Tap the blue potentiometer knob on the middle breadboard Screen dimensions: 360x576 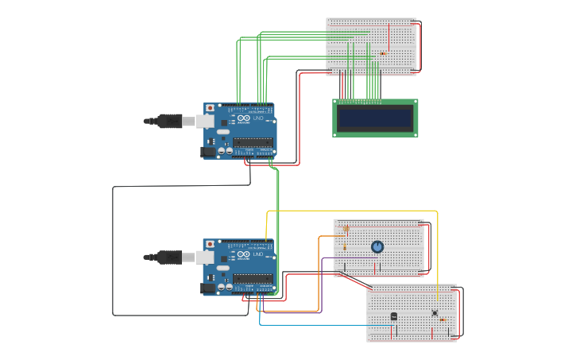point(377,246)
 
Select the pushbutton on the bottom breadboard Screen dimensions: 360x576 point(434,312)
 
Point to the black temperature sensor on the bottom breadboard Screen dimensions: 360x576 point(394,316)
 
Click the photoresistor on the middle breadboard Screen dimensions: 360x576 point(345,229)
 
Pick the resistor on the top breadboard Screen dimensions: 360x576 point(384,54)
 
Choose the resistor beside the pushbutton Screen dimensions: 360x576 point(443,319)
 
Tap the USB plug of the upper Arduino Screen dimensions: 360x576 point(171,121)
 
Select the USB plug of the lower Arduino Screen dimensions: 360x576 point(171,257)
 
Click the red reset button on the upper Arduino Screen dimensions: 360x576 point(210,107)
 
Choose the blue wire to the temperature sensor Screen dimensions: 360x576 point(318,324)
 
